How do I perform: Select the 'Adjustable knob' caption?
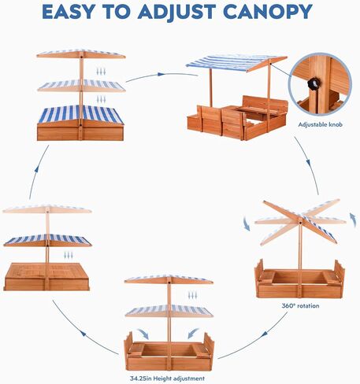coord(321,124)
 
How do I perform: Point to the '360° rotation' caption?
coord(299,305)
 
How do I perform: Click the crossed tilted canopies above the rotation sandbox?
coord(299,222)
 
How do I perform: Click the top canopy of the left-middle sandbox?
coord(46,209)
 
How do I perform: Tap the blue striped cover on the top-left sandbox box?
coord(80,114)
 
